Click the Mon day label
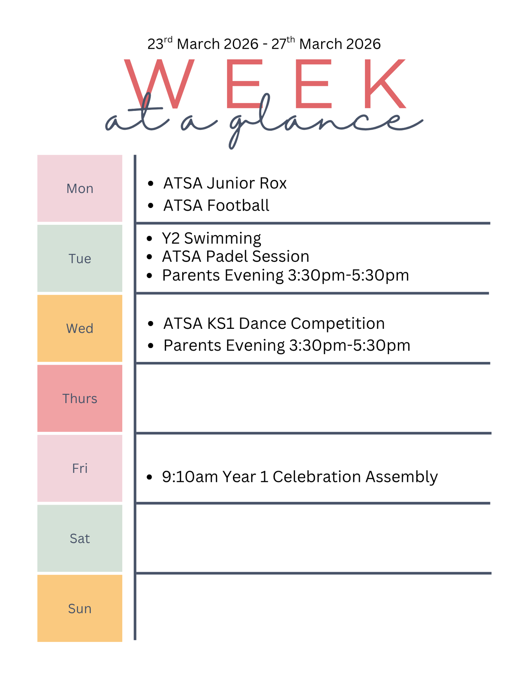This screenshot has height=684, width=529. click(x=80, y=188)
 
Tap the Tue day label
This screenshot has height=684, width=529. click(x=80, y=259)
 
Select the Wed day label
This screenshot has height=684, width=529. click(x=80, y=328)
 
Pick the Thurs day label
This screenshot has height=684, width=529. click(x=80, y=399)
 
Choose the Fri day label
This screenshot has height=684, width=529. click(x=80, y=468)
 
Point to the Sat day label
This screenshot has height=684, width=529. click(x=80, y=539)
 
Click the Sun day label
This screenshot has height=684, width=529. click(x=80, y=609)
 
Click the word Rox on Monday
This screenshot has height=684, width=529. click(x=273, y=183)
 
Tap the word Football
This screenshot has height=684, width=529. click(x=238, y=206)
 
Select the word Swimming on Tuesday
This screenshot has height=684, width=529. click(x=222, y=239)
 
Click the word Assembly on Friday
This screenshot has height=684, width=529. click(x=402, y=477)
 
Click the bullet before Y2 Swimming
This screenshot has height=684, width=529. click(x=149, y=239)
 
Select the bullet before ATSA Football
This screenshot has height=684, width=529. click(x=151, y=206)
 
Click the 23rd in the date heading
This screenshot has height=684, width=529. click(x=160, y=43)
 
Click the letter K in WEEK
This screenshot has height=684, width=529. click(x=385, y=83)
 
